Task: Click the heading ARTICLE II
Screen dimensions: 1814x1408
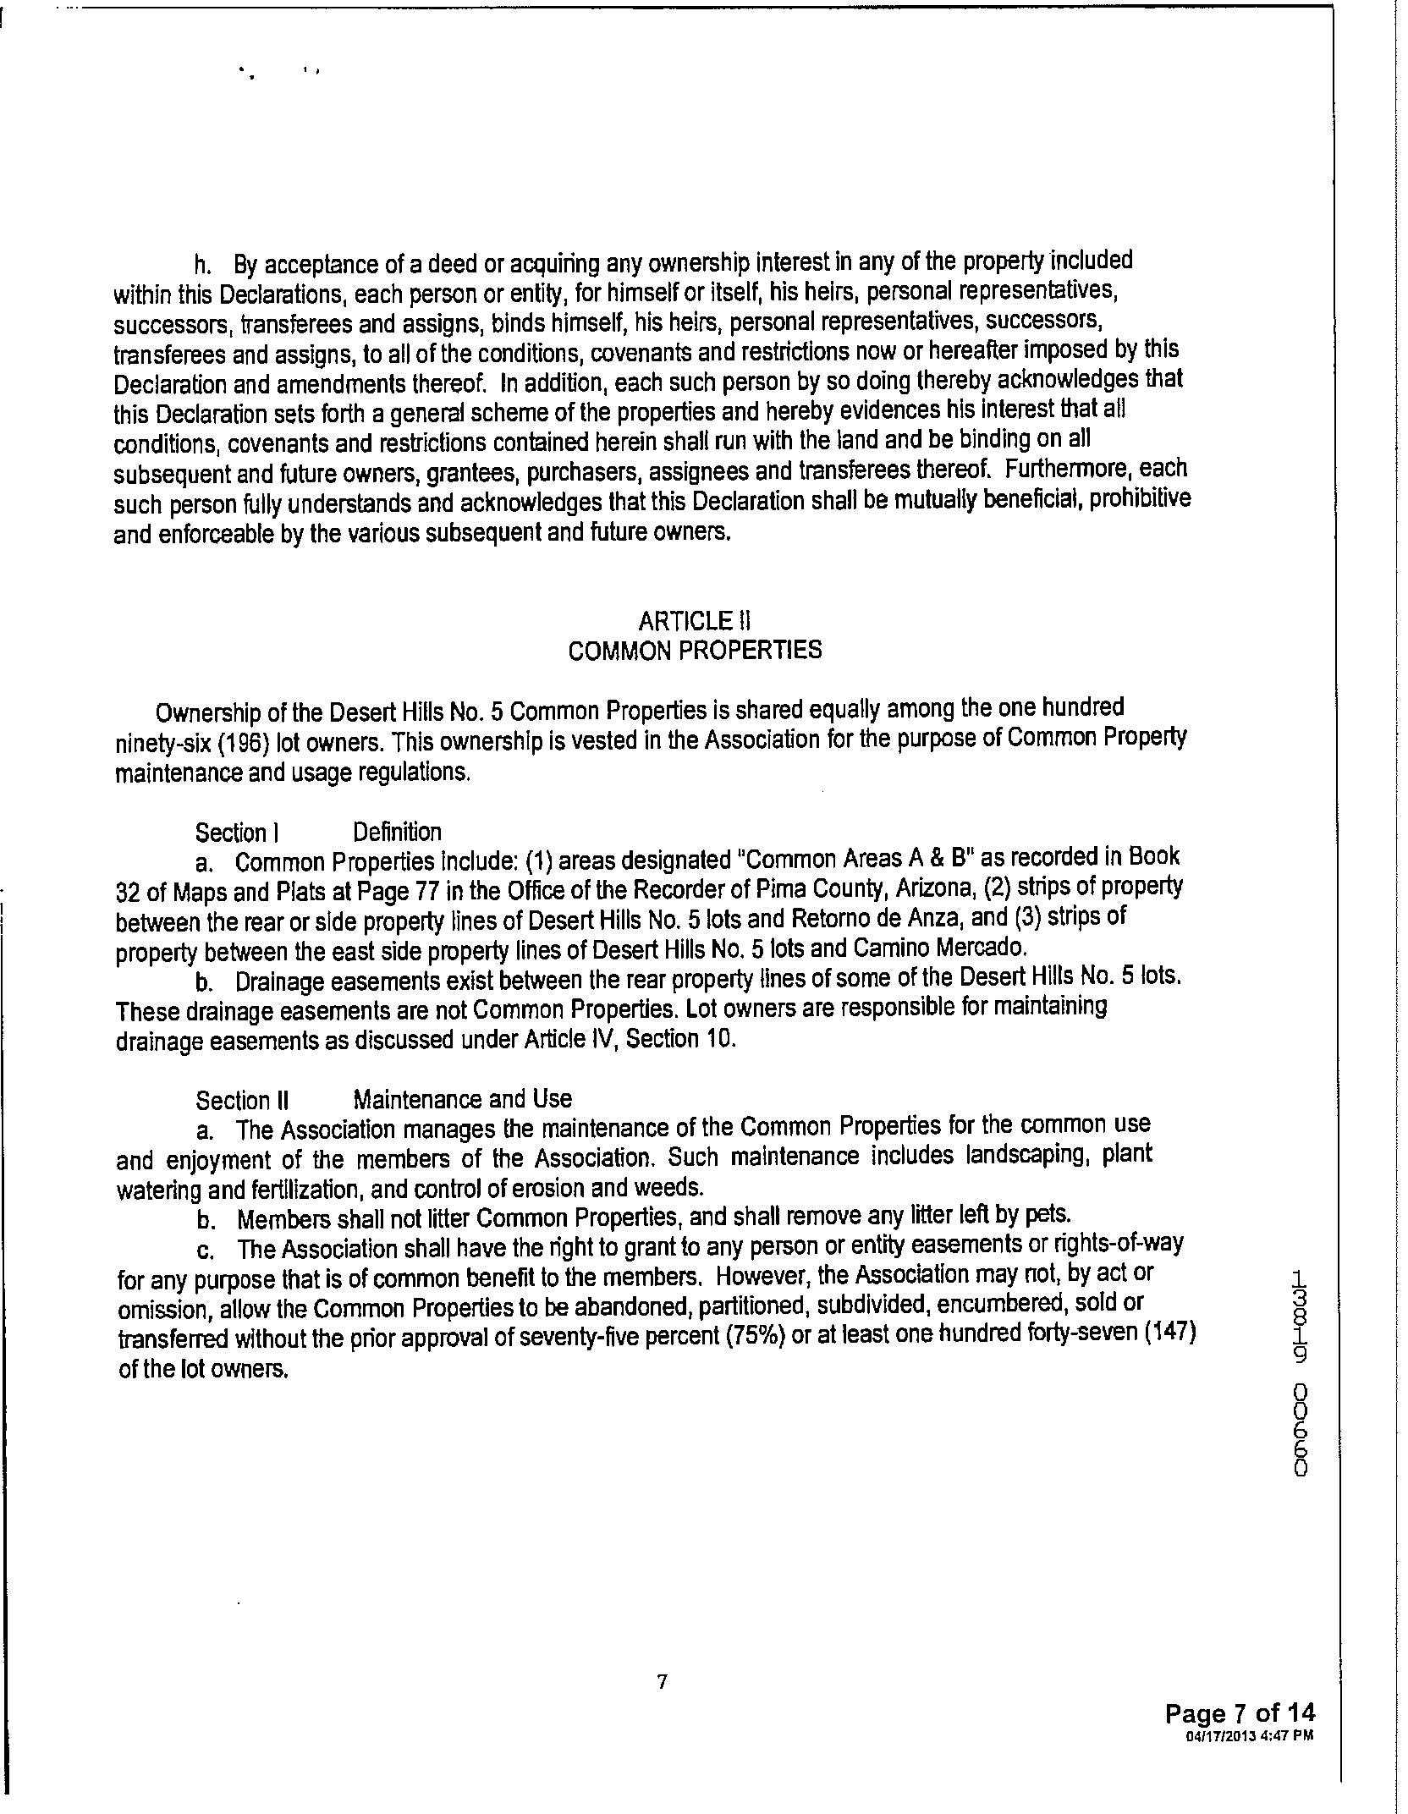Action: point(694,621)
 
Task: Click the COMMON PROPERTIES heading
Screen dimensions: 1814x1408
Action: point(694,650)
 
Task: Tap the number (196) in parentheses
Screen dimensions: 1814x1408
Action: point(197,741)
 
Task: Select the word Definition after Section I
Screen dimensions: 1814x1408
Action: point(397,833)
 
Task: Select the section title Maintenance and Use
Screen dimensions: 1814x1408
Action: point(462,1099)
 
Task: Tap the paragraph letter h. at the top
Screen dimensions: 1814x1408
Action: point(202,266)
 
